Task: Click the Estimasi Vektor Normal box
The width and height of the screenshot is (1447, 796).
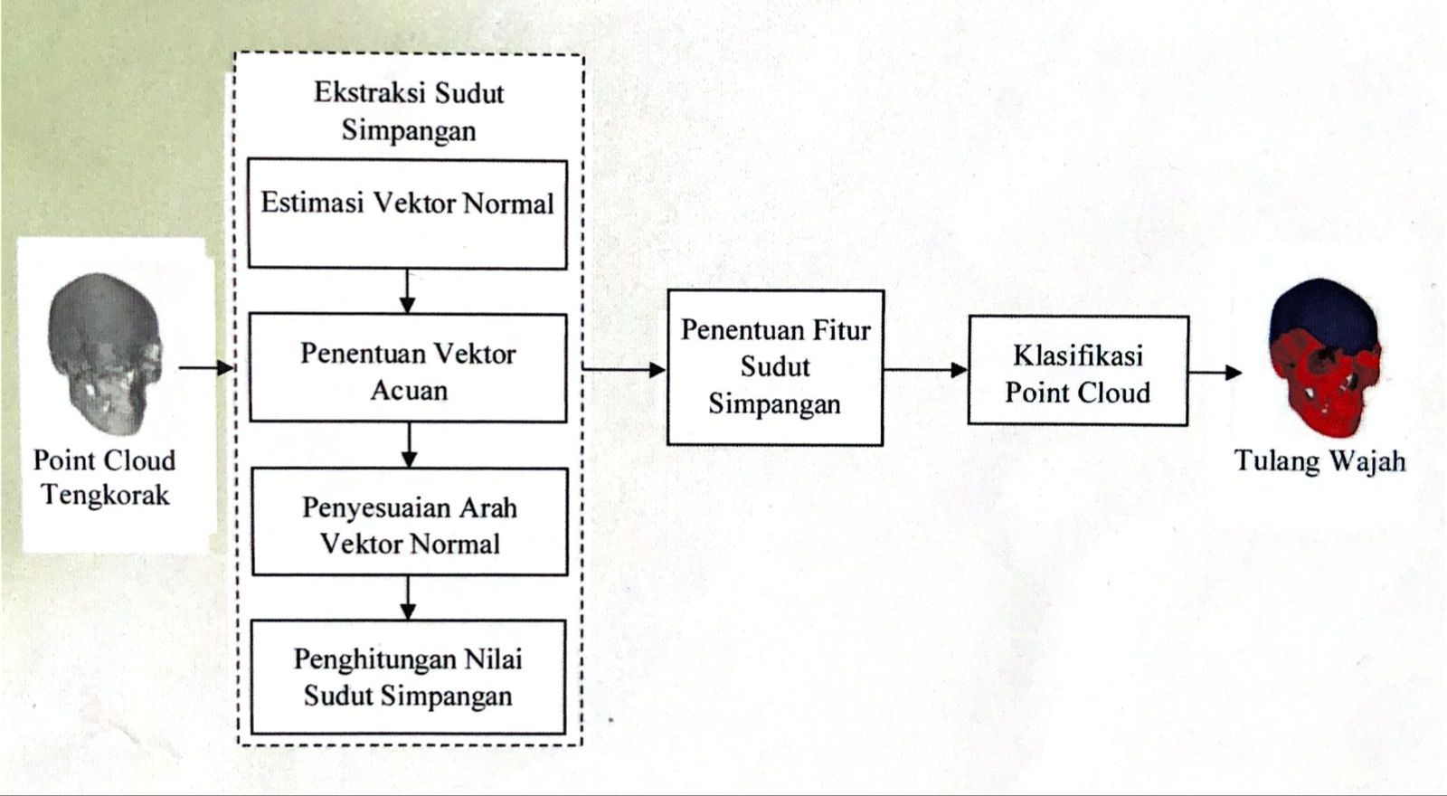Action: [x=408, y=214]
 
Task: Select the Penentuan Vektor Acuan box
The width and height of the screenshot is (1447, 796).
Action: [x=408, y=367]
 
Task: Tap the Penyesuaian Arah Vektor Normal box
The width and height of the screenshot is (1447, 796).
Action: [x=410, y=522]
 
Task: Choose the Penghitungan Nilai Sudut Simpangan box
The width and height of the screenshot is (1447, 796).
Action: [x=408, y=677]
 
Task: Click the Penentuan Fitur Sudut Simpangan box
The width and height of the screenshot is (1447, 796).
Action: [x=775, y=367]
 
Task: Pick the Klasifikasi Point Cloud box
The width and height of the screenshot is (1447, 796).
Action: [x=1078, y=371]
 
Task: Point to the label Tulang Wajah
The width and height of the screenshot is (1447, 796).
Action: [x=1319, y=461]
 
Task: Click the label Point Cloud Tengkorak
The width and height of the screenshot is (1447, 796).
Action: [x=104, y=478]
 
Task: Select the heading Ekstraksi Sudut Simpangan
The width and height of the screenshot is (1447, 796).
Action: [x=409, y=111]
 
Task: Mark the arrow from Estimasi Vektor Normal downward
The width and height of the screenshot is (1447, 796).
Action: [x=408, y=290]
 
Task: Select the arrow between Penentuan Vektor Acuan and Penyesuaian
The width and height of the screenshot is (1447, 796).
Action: [x=409, y=444]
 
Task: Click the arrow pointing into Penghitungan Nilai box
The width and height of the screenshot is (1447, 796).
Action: [x=409, y=597]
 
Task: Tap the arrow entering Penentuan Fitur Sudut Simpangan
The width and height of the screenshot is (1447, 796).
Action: [x=624, y=369]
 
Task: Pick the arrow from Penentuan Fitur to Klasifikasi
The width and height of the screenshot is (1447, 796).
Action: [x=925, y=369]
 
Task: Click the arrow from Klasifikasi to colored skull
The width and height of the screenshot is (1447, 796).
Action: [x=1215, y=372]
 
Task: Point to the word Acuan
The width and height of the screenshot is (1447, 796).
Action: [x=409, y=390]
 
